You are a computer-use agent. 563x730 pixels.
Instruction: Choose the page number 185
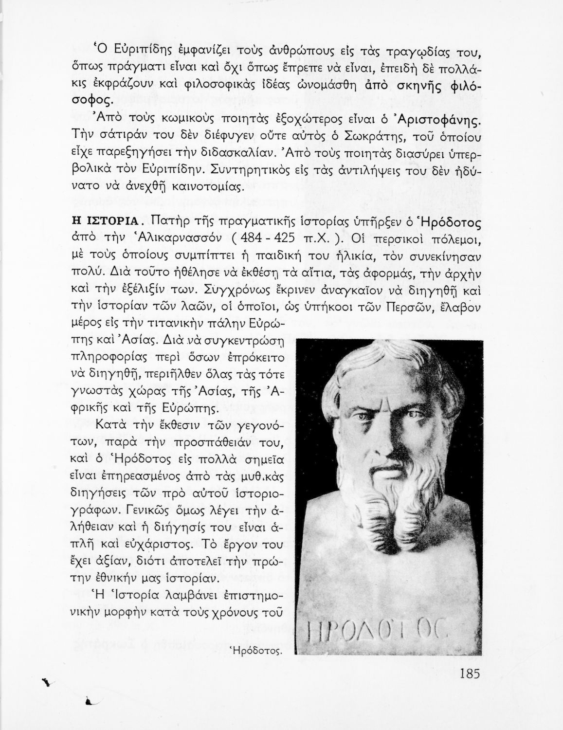click(x=469, y=674)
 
